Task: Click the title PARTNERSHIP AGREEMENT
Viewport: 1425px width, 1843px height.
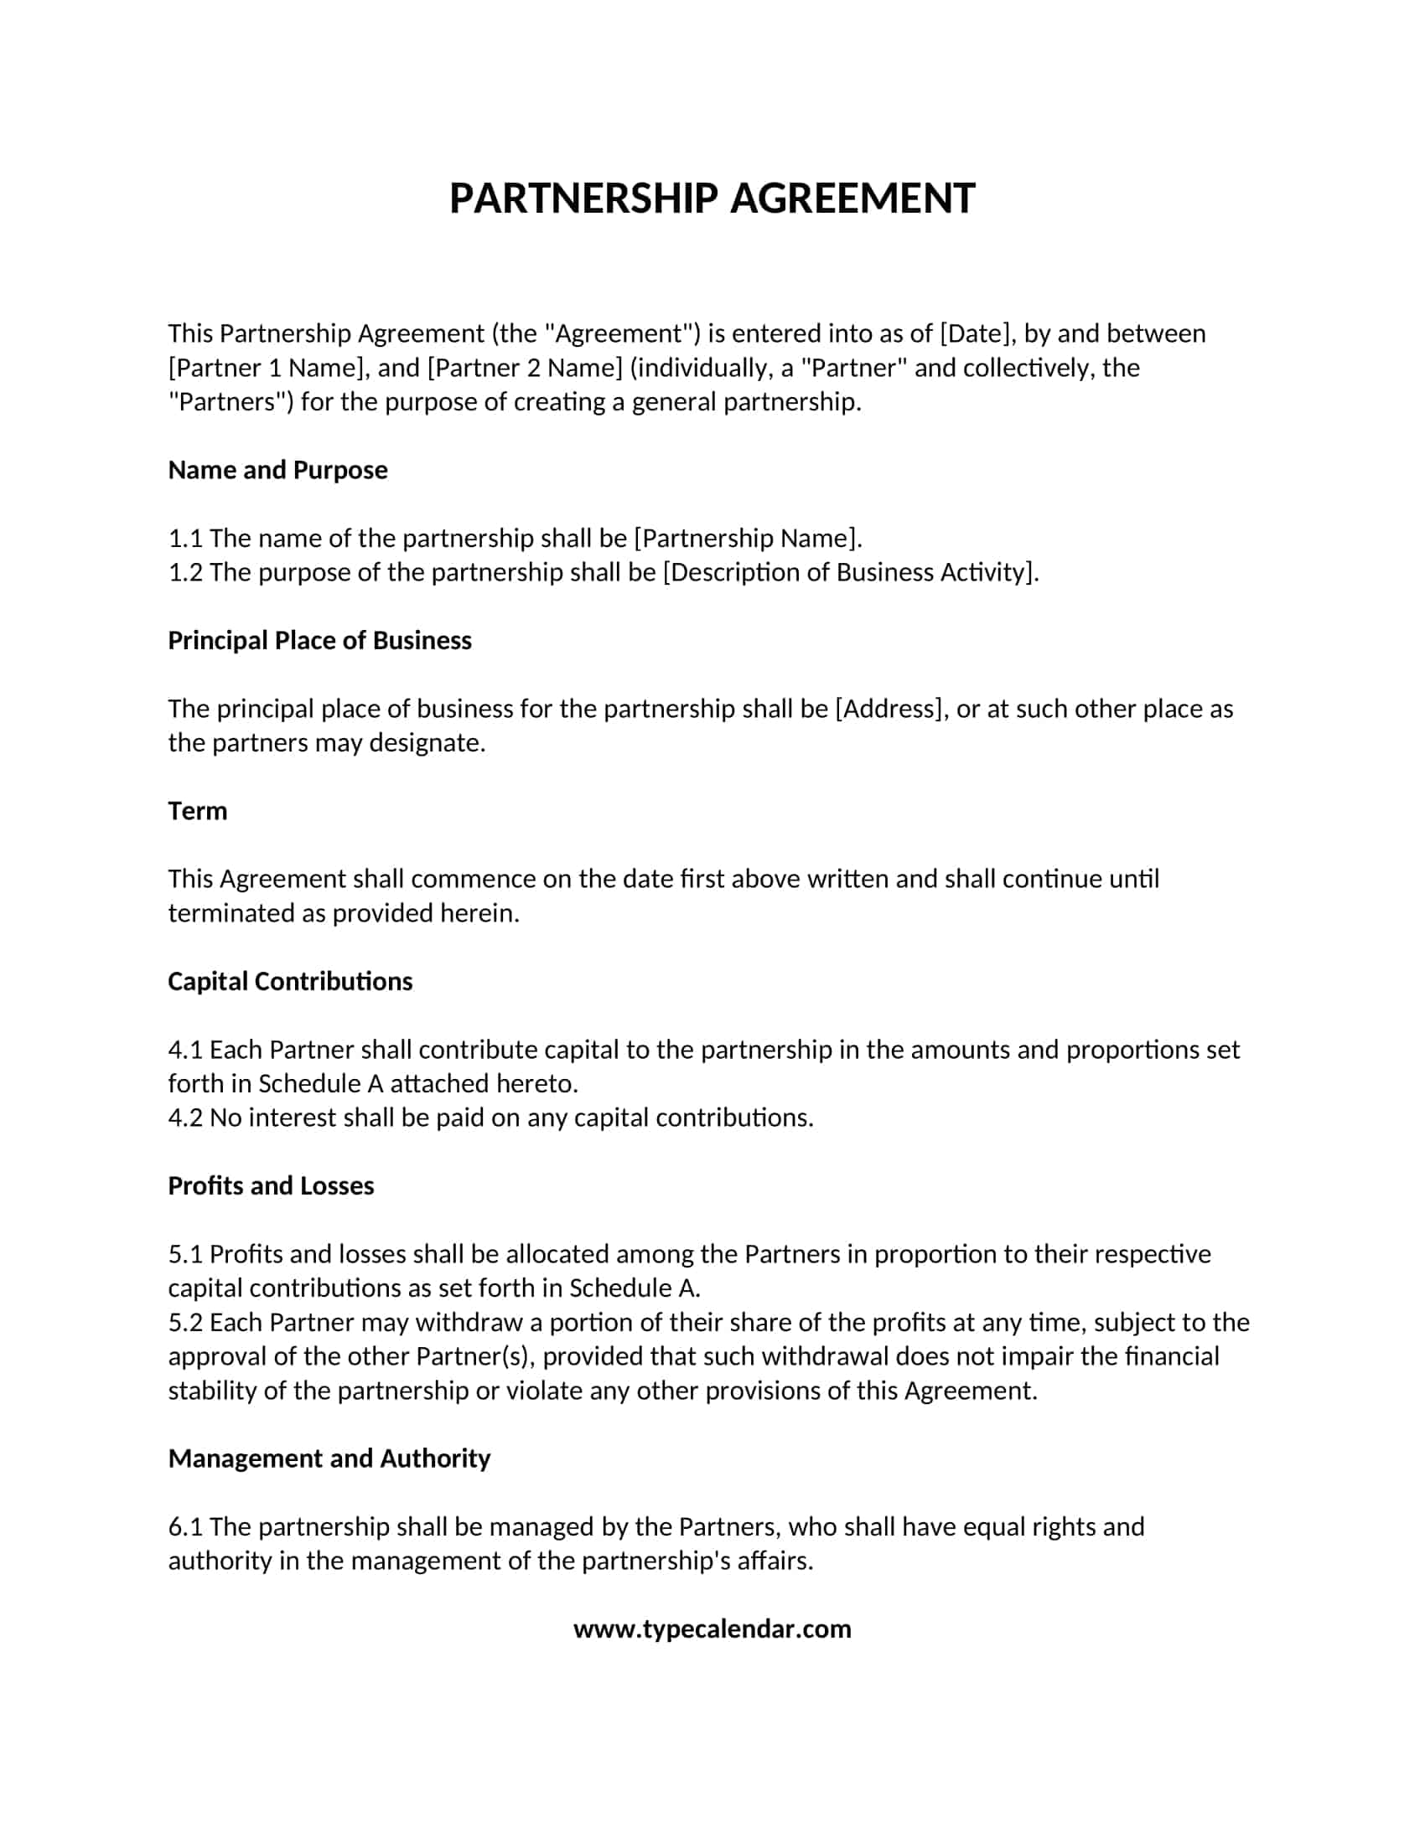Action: (712, 199)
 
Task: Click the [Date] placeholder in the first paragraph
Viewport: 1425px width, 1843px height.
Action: (974, 333)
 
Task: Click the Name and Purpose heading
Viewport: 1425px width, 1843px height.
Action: (277, 470)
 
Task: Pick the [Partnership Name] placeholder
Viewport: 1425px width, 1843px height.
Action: (747, 539)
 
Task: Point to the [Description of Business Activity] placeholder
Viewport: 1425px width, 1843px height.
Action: (850, 572)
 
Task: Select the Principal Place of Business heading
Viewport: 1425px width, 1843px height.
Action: (319, 641)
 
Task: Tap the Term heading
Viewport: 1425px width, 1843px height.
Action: (198, 811)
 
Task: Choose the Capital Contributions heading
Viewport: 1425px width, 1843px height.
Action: (289, 982)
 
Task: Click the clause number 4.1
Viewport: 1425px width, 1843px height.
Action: (185, 1050)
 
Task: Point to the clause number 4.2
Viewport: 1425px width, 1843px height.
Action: (185, 1118)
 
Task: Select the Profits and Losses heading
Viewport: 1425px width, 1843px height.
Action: (270, 1185)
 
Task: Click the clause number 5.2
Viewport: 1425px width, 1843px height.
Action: (185, 1322)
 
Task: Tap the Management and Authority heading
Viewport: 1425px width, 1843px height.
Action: (329, 1458)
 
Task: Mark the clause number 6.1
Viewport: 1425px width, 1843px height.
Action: (185, 1526)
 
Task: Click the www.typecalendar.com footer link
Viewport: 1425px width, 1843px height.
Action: (712, 1629)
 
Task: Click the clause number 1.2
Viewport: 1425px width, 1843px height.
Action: (185, 572)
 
